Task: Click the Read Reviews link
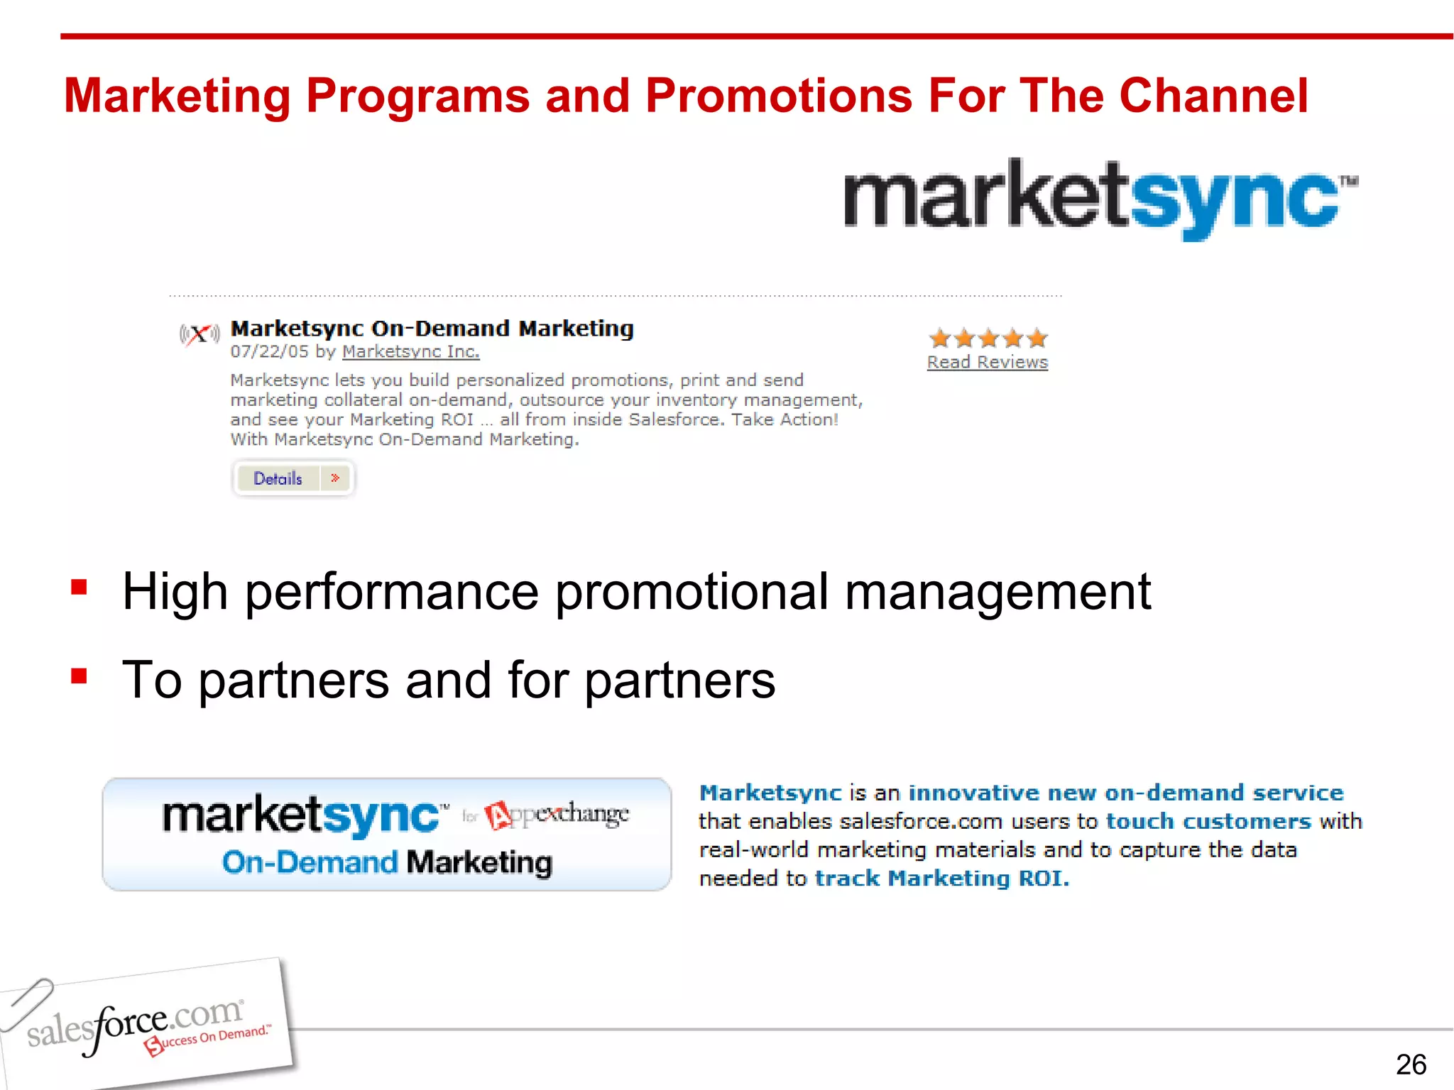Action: (x=987, y=363)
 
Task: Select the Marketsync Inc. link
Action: (x=410, y=352)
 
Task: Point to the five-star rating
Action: (x=988, y=338)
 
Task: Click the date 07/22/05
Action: (x=269, y=352)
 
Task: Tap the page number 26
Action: (x=1410, y=1064)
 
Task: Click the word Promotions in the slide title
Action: (x=778, y=96)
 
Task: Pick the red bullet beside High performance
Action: (x=79, y=588)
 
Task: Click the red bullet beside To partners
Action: (x=79, y=676)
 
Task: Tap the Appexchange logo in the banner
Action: (x=558, y=815)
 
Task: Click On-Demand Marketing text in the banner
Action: (x=387, y=863)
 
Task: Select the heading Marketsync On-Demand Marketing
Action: (x=432, y=329)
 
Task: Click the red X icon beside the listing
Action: (x=199, y=334)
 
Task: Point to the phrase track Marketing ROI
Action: (x=941, y=879)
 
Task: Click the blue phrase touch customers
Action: (x=1208, y=821)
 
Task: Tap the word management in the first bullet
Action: (x=997, y=592)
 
